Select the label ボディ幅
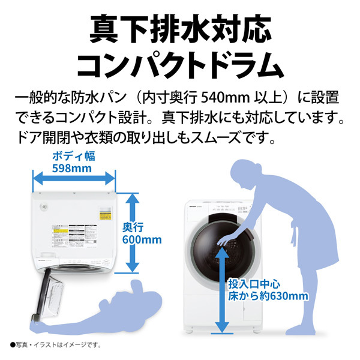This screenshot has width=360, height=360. tap(74, 157)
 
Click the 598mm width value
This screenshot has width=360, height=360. tap(74, 168)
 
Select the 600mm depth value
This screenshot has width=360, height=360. tap(142, 240)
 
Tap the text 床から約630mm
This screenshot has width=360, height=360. tap(267, 296)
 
